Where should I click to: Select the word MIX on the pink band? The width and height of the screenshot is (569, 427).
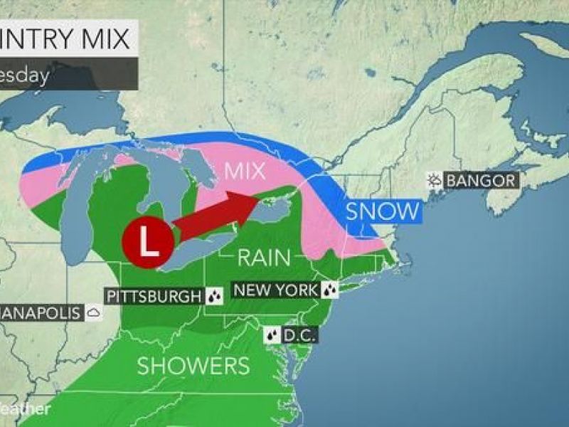pos(244,172)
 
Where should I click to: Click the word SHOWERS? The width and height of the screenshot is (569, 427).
pos(193,366)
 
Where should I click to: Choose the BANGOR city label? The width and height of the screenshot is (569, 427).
pos(481,181)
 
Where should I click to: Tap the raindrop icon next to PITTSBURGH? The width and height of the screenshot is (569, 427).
pos(213,295)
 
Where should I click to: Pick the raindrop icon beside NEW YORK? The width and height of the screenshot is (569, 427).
pos(329,290)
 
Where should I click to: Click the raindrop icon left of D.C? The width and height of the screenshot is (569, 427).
pos(272,334)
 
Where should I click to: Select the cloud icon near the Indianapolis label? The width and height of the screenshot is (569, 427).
pos(93,312)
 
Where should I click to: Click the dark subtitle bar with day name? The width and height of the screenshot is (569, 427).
pos(68,75)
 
